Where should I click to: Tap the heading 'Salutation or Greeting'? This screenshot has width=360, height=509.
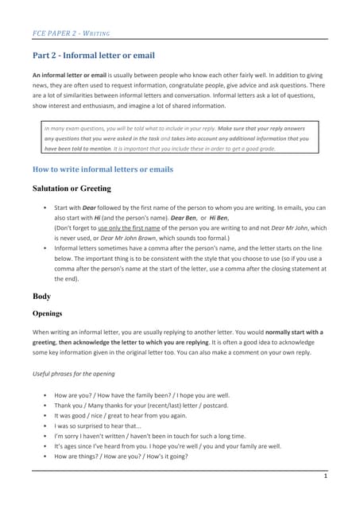pos(72,188)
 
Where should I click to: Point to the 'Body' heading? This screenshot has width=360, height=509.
pos(41,295)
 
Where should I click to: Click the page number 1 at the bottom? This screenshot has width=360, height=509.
pos(326,476)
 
